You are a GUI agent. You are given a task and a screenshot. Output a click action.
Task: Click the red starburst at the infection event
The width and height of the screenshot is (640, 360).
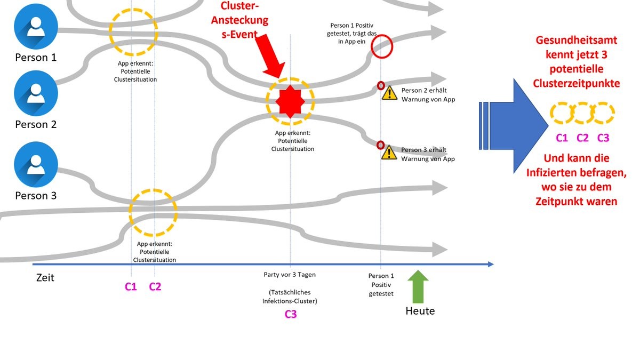(x=290, y=101)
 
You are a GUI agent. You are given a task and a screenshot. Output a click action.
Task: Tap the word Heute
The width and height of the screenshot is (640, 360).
(x=420, y=311)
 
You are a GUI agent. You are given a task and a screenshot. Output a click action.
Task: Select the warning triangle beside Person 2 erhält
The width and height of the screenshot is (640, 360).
(x=389, y=93)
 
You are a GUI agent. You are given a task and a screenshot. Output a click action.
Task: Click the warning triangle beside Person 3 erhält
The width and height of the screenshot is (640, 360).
(x=389, y=153)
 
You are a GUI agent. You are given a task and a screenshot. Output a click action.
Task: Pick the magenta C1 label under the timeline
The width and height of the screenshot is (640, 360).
(x=131, y=287)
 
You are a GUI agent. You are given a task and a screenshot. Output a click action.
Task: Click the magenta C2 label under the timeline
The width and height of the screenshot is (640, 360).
(x=155, y=287)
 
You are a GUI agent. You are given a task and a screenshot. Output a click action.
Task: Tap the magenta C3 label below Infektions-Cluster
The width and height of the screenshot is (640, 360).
(x=290, y=314)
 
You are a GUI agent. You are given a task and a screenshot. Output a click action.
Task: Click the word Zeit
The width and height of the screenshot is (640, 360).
(x=45, y=278)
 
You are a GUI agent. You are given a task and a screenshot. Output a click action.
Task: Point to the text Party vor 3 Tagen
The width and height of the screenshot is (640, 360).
(x=290, y=275)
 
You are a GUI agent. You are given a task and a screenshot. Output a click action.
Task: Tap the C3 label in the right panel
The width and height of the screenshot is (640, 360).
(x=603, y=138)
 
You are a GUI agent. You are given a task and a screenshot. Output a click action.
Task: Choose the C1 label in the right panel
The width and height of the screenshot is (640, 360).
(x=562, y=138)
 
